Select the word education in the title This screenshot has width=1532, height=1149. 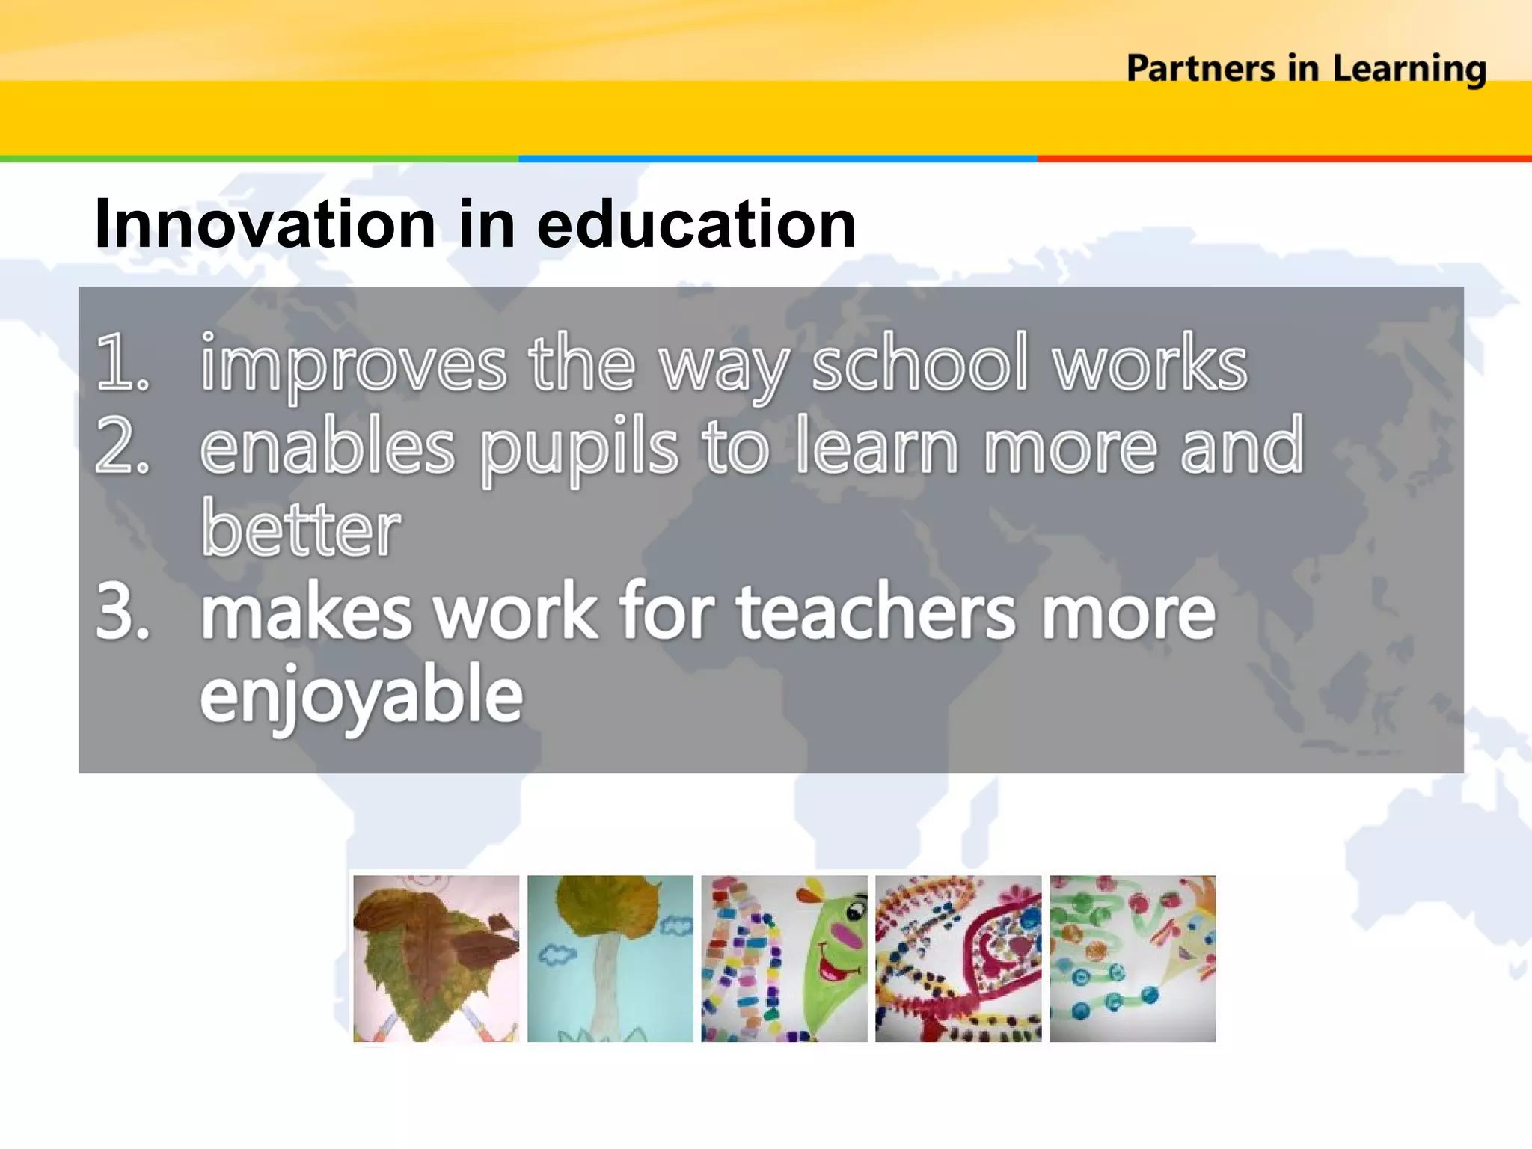point(696,224)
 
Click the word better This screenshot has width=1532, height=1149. point(301,529)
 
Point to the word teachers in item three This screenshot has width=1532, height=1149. point(876,612)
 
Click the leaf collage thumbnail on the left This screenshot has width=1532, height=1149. point(436,958)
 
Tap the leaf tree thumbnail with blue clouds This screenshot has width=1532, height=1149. point(610,958)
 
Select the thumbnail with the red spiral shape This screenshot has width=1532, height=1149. point(958,958)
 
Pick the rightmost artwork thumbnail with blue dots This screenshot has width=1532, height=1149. point(1133,958)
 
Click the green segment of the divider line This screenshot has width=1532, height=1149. point(259,159)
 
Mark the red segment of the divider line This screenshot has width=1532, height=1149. point(1284,159)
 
